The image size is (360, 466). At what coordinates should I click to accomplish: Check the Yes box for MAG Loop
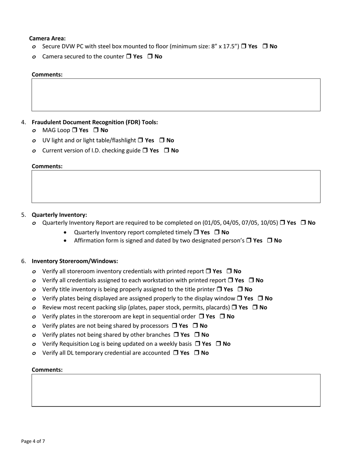click(x=74, y=130)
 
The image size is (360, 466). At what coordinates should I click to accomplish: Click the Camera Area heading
click(x=47, y=38)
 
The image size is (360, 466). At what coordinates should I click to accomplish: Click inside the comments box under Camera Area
click(x=176, y=95)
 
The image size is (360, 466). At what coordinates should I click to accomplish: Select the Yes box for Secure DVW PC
click(x=244, y=47)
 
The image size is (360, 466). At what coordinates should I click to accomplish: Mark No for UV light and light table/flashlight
click(x=162, y=141)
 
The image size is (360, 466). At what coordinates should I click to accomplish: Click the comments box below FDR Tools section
click(x=176, y=186)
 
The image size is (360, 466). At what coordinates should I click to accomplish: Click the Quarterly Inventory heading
click(x=59, y=214)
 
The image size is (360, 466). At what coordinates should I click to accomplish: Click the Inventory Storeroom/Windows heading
click(x=75, y=261)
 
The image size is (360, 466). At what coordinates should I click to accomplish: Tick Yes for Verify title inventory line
click(x=219, y=289)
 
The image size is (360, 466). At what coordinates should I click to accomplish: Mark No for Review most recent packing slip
click(x=255, y=308)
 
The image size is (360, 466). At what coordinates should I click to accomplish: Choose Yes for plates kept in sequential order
click(x=201, y=317)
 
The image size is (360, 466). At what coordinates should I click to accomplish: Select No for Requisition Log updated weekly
click(x=219, y=344)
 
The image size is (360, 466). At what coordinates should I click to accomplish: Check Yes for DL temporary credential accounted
click(x=176, y=353)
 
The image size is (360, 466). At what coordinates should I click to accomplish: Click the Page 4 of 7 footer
click(x=33, y=441)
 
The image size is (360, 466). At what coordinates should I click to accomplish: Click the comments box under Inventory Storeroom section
click(x=176, y=390)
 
